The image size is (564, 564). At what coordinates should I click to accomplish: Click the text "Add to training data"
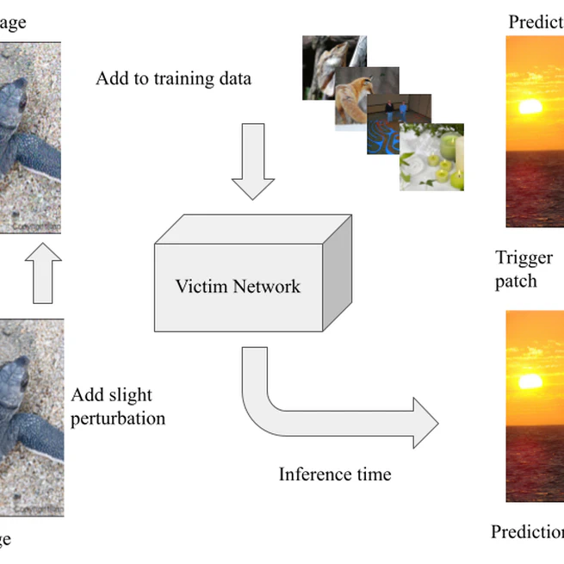click(173, 79)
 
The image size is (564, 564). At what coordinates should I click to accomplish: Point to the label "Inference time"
click(334, 474)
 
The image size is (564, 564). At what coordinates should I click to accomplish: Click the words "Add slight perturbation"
click(118, 406)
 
